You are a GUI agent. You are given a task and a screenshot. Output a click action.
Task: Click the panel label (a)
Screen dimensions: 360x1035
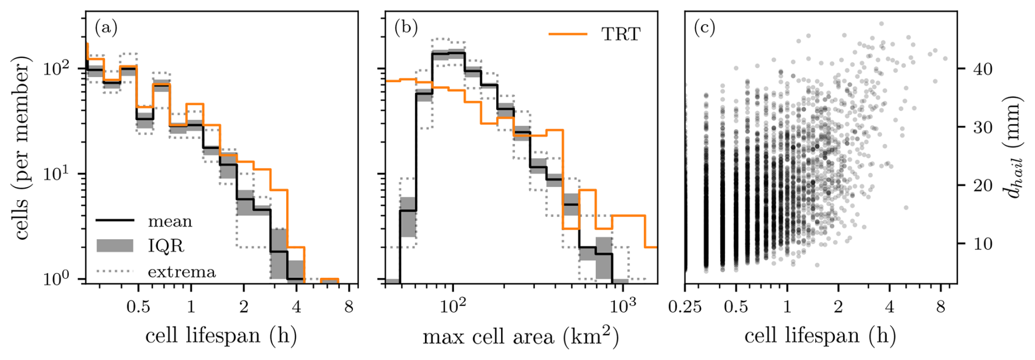pos(106,27)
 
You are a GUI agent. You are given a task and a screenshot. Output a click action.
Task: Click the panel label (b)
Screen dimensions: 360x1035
pos(406,27)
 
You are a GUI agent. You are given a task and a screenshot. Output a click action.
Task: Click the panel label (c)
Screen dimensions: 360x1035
pos(705,27)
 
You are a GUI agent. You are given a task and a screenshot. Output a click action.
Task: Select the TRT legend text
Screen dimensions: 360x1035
pos(621,34)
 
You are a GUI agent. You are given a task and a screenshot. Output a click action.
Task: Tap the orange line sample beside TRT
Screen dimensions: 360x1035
pos(568,34)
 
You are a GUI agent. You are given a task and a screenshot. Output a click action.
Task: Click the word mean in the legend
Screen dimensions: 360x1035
pos(170,221)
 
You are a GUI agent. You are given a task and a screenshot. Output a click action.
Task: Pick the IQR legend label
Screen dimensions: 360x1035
pos(166,246)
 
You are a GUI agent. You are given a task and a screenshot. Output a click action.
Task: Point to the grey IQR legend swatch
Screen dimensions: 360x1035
pos(115,246)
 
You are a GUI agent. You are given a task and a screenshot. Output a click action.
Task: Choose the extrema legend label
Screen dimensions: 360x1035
pos(182,271)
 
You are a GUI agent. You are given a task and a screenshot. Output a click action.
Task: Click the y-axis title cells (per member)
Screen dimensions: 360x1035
pos(22,150)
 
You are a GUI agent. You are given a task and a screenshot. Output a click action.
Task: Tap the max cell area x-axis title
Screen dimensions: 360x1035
pos(520,336)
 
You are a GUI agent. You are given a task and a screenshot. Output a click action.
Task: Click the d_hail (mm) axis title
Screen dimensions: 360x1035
pos(1015,147)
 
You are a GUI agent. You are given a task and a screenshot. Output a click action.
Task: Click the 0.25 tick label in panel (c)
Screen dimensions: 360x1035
pos(685,307)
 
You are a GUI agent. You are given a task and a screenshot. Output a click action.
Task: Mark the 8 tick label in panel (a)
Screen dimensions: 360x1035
pos(349,307)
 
